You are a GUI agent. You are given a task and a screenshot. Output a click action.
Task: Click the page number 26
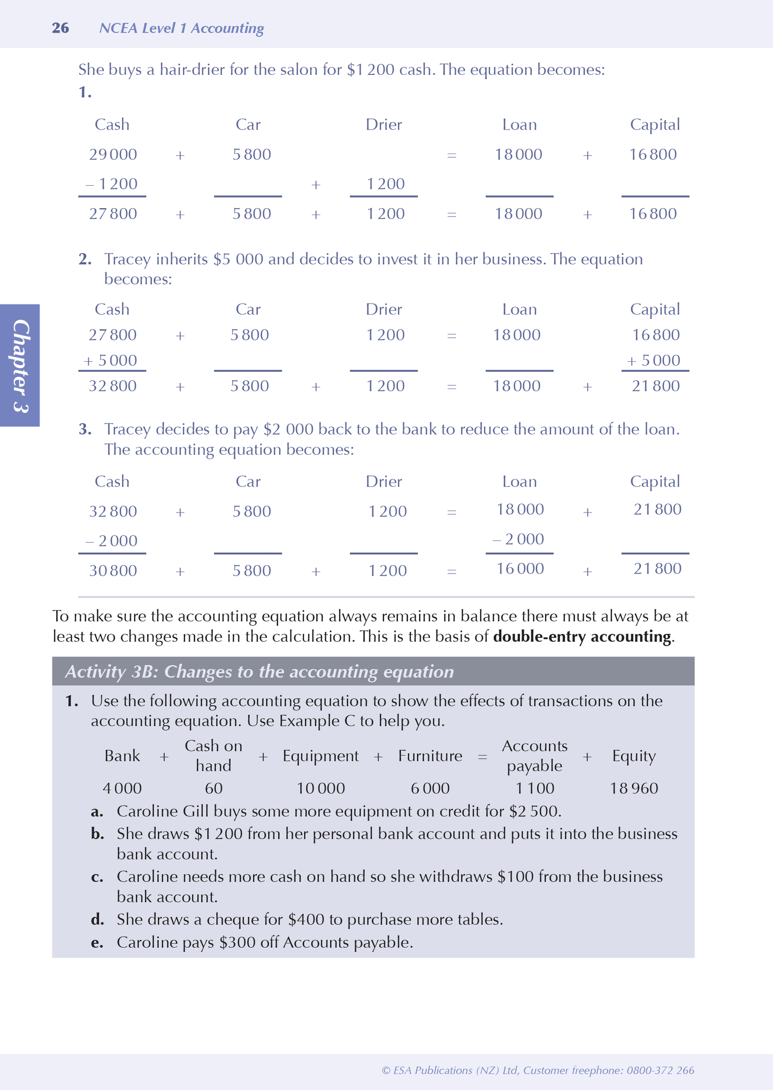click(60, 28)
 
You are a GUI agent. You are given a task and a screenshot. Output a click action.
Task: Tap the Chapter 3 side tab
click(20, 365)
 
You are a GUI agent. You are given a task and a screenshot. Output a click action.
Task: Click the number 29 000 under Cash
click(113, 155)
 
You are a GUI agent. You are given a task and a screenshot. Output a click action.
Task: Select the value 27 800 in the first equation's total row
click(113, 214)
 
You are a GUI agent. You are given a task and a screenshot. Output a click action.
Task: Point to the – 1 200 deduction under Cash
click(112, 184)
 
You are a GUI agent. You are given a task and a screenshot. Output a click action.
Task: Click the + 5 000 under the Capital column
click(654, 361)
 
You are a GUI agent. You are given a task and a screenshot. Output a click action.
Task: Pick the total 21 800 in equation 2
click(655, 386)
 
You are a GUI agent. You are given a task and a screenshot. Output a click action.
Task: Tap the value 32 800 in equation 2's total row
click(113, 386)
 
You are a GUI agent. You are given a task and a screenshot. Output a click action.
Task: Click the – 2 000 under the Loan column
click(518, 539)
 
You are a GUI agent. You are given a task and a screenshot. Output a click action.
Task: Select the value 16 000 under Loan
click(520, 569)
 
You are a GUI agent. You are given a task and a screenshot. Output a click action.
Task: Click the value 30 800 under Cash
click(113, 571)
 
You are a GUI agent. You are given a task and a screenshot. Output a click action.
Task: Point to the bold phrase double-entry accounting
click(581, 637)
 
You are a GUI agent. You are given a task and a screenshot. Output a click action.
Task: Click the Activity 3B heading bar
click(373, 672)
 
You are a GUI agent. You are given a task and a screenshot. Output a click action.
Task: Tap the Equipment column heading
click(320, 756)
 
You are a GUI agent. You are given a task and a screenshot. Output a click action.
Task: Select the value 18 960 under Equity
click(634, 789)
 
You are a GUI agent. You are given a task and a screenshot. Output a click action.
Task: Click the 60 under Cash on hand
click(213, 789)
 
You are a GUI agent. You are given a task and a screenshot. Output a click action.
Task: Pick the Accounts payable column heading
click(534, 756)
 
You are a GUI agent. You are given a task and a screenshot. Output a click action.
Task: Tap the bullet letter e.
click(97, 943)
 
